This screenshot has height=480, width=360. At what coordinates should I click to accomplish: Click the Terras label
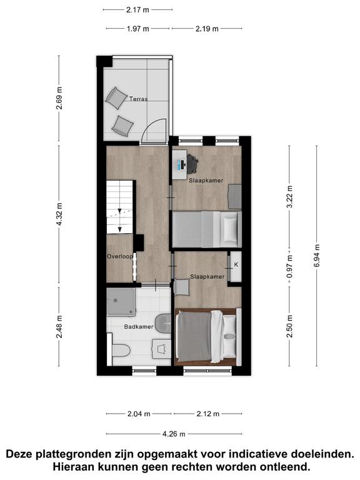click(x=138, y=99)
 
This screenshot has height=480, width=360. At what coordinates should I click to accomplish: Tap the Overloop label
click(x=120, y=256)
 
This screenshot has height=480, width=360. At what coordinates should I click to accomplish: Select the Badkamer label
click(x=139, y=327)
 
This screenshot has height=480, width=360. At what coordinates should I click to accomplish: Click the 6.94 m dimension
click(x=316, y=256)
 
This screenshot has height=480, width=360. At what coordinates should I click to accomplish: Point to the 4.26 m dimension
click(x=174, y=434)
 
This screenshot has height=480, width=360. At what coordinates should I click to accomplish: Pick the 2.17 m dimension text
click(x=137, y=10)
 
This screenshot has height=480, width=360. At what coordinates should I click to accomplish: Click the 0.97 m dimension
click(x=289, y=267)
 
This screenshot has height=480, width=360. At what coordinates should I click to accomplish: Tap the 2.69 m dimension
click(x=59, y=98)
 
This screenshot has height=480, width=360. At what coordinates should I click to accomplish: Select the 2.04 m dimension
click(x=139, y=414)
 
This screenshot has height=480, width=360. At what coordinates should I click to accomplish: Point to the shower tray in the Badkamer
click(x=121, y=301)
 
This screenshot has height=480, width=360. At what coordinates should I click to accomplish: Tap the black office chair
click(x=192, y=164)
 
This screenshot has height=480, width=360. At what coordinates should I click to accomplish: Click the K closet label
click(x=236, y=264)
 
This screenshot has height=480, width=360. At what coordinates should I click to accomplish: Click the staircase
click(x=119, y=207)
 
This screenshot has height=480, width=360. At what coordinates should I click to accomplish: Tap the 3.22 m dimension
click(x=289, y=196)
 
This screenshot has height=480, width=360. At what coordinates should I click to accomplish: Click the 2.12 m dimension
click(x=207, y=414)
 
